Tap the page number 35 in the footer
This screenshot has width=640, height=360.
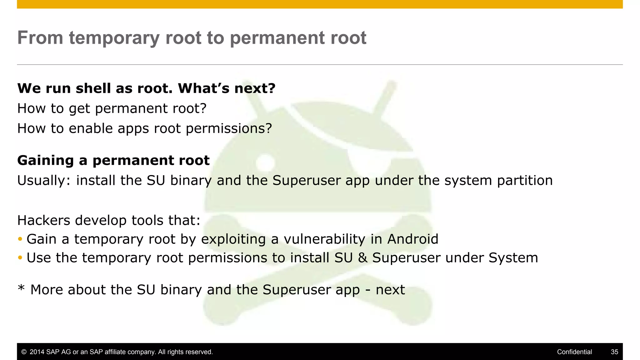(614, 352)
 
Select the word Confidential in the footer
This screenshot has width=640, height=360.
(574, 352)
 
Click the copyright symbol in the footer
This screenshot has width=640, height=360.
(24, 352)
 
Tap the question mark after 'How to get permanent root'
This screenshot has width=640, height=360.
(203, 108)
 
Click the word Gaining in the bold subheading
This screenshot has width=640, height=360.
(45, 161)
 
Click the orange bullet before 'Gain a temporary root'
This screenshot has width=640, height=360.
(20, 239)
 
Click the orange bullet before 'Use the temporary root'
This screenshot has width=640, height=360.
(20, 258)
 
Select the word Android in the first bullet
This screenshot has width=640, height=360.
(412, 239)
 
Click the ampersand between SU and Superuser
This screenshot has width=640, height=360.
(362, 258)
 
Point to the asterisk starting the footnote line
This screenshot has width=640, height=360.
(21, 287)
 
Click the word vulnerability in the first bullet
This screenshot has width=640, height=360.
(324, 239)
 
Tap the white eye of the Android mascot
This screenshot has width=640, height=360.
(265, 162)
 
